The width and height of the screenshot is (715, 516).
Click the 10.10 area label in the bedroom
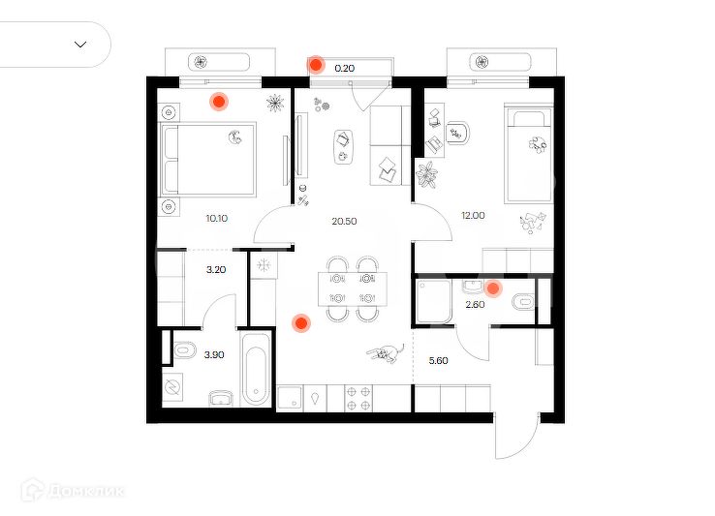(217, 219)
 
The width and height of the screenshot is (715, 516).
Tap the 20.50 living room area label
(344, 222)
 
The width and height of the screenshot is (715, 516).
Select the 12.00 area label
(473, 216)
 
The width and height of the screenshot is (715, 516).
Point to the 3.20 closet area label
(216, 270)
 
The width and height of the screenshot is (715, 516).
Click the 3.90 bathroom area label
(214, 355)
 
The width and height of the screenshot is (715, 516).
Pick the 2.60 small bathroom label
(475, 305)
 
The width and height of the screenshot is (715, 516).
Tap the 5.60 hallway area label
(438, 361)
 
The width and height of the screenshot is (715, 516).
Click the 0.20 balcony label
(345, 69)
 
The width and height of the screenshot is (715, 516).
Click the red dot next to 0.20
(316, 65)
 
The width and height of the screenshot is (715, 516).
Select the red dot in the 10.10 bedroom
(219, 102)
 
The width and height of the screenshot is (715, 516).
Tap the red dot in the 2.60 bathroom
(493, 288)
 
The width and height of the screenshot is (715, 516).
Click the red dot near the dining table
(301, 323)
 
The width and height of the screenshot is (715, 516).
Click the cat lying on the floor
(386, 353)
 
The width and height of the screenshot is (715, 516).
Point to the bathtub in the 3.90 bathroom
(256, 370)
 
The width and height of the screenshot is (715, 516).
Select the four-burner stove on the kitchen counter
(357, 399)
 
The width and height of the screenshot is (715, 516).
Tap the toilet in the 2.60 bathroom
(523, 302)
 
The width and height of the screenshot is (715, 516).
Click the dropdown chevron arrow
(80, 45)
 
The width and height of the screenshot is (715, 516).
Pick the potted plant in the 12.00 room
(427, 174)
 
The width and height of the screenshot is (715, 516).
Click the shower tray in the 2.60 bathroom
(434, 302)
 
